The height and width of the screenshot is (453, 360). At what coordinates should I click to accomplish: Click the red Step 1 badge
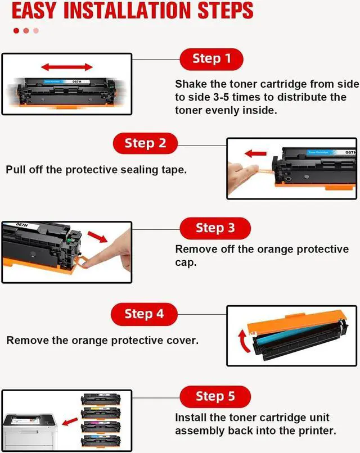(x=211, y=59)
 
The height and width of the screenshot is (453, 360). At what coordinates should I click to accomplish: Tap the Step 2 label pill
(x=145, y=143)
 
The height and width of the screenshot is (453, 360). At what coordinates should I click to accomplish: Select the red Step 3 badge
(x=215, y=228)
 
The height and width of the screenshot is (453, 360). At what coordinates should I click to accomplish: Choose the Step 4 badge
(x=144, y=314)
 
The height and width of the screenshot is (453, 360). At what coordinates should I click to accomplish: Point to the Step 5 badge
(x=215, y=397)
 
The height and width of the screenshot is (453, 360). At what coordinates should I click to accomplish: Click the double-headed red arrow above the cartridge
(x=67, y=67)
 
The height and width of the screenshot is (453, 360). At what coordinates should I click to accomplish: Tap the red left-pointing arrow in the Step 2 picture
(x=255, y=153)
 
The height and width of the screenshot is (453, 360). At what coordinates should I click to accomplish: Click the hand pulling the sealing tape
(x=242, y=176)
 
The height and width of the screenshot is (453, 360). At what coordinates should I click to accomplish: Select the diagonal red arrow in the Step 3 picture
(x=97, y=237)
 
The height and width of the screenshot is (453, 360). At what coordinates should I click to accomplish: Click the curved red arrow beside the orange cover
(x=244, y=341)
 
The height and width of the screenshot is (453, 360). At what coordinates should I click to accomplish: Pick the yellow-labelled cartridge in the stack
(x=101, y=413)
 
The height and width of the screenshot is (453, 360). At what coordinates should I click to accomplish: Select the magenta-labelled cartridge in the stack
(x=101, y=427)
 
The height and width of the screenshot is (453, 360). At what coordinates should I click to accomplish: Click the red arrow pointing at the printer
(x=70, y=422)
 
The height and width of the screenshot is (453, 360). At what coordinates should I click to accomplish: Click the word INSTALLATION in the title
(x=127, y=11)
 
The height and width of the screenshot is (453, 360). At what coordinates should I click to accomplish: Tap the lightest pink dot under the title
(x=36, y=30)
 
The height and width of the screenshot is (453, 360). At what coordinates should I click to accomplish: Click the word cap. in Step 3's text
(x=186, y=262)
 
